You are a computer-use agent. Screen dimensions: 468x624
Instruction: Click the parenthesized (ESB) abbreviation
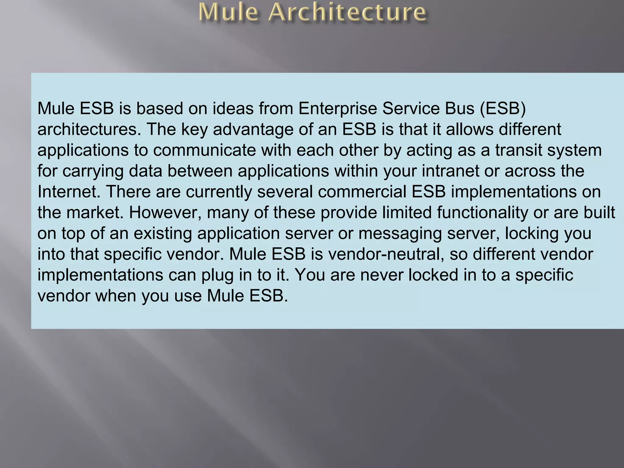coord(503,108)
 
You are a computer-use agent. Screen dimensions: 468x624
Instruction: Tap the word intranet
coord(451,171)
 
